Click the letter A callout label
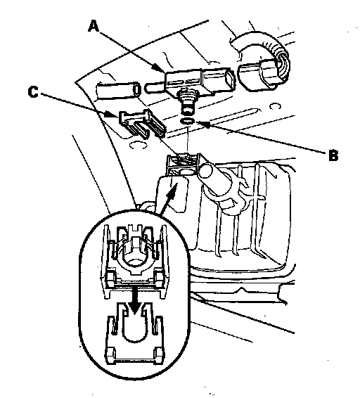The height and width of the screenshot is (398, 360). coord(94,27)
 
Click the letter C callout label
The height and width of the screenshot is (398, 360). coord(33,91)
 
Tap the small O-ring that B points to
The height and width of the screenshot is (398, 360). coord(188,121)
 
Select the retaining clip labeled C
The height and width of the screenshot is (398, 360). coord(142,123)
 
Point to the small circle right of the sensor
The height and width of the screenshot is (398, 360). coord(275,106)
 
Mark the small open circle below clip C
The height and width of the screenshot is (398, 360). coord(138,145)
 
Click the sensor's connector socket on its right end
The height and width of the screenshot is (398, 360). coord(229,79)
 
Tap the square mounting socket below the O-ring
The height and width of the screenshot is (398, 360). coord(182,165)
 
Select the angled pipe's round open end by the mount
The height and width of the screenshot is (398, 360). coord(205,172)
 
